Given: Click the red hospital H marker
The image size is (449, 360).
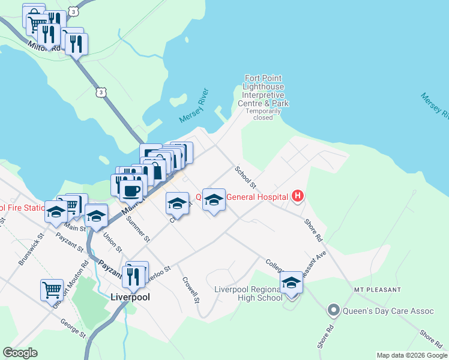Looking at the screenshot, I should coord(297,196).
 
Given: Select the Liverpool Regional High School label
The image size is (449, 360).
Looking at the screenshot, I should coord(249,293).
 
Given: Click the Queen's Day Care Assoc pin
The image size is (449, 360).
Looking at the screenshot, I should coord(333,311).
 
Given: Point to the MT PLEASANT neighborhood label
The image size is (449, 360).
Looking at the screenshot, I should coord(377,290).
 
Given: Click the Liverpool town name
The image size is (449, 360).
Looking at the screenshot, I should coord(130,296).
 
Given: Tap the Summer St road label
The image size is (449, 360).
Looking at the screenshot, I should coord(137,229).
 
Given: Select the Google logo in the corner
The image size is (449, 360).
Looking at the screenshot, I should coord(20,353).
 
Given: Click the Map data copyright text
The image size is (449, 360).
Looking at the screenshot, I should coord(412,355).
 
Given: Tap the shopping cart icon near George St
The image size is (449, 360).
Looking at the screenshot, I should coord(52,289).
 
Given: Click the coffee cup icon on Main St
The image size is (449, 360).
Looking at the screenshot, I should coord(131,190).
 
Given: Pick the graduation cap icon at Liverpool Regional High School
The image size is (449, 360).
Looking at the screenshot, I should coord(292,281).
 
